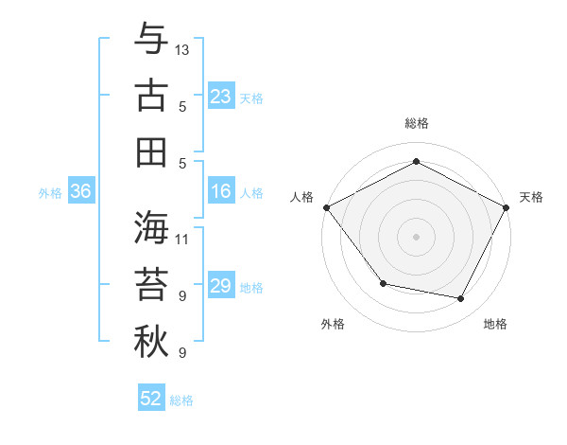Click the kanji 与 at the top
click(151, 40)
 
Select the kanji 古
click(151, 97)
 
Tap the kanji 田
click(151, 152)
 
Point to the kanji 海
click(151, 227)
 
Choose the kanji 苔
click(151, 285)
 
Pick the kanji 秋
click(151, 342)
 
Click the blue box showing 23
click(220, 97)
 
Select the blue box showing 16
click(220, 191)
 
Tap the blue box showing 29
click(220, 286)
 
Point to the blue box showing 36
click(80, 191)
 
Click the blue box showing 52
click(151, 399)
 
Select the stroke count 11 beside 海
click(182, 239)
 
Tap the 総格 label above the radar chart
click(416, 124)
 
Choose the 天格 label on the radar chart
click(531, 197)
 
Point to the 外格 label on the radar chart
click(333, 325)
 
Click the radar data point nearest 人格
click(326, 206)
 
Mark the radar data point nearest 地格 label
click(461, 298)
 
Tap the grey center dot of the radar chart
click(416, 236)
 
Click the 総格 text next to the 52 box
click(181, 400)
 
